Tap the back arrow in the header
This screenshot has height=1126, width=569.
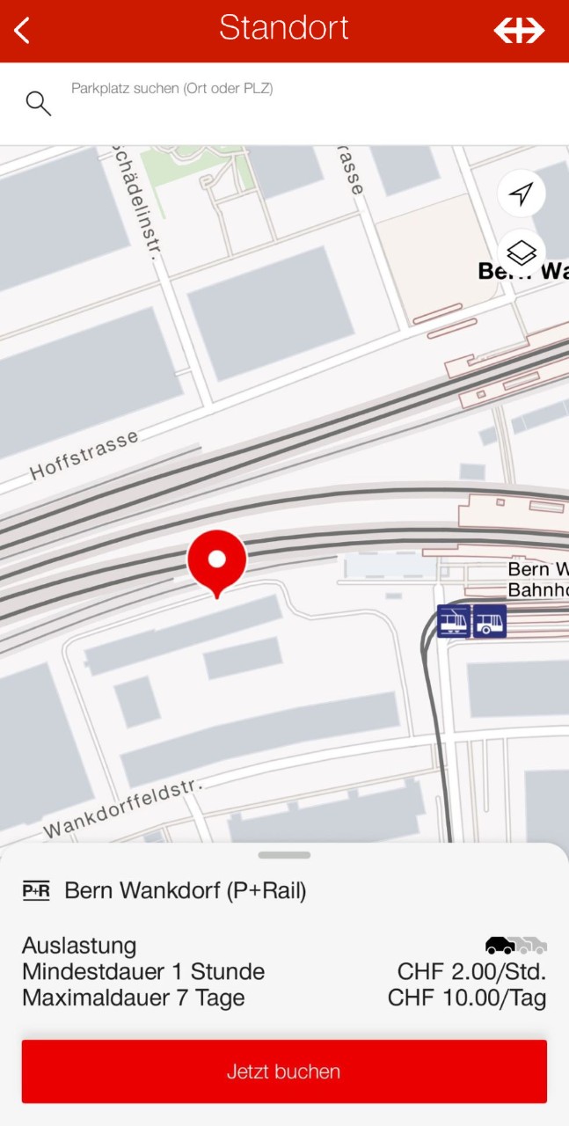22,30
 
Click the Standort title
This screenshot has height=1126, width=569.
283,28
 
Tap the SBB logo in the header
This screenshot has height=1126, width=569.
519,30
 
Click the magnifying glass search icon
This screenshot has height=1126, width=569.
38,103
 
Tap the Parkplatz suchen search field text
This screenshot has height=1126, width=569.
171,89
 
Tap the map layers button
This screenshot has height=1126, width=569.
522,252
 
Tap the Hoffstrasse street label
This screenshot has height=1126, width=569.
84,454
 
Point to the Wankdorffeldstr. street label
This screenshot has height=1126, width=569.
124,808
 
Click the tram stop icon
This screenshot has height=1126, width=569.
454,621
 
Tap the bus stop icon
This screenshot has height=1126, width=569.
490,621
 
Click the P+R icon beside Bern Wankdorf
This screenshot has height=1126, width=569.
36,891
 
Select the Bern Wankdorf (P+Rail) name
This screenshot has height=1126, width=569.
186,891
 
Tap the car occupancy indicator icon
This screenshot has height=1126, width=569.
516,946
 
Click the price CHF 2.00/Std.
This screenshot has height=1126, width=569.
471,972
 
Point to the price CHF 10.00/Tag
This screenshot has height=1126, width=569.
467,998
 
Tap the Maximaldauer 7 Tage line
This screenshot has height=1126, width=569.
134,998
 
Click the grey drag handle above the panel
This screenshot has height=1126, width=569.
284,855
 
